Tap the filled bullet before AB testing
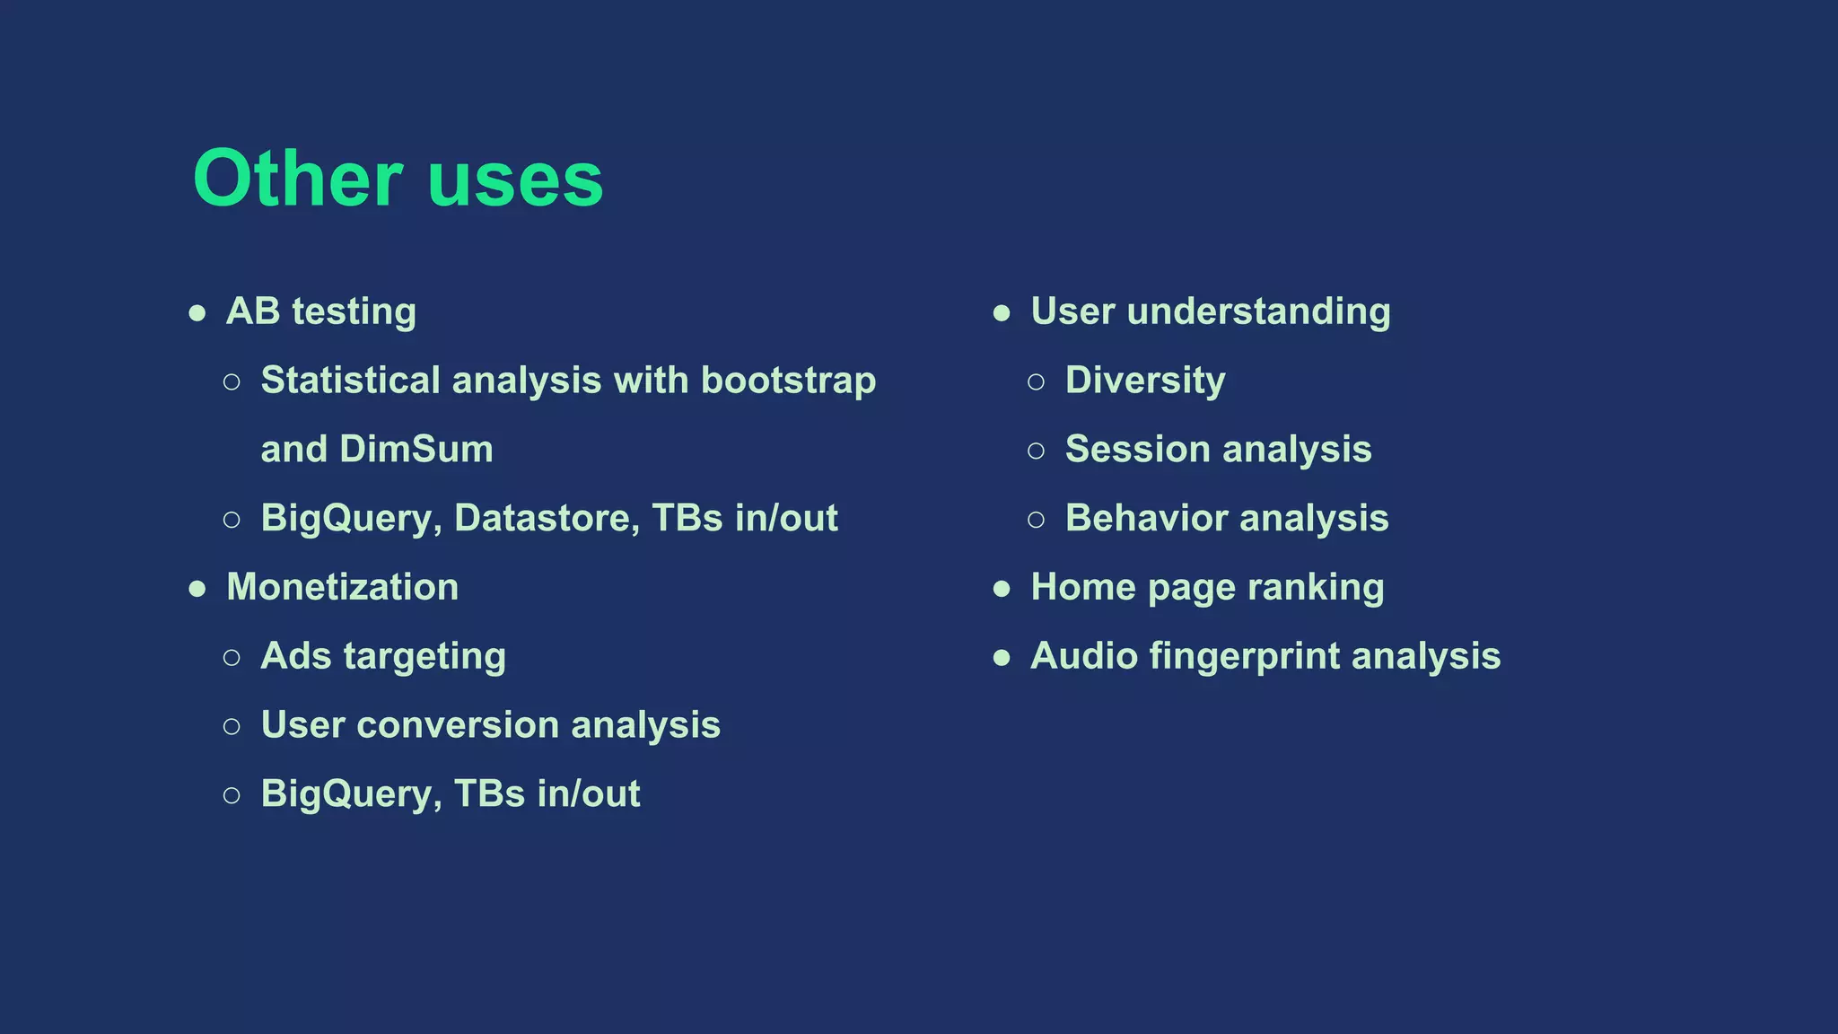[197, 313]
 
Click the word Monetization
[342, 587]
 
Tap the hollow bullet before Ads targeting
[232, 657]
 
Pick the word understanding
[1258, 311]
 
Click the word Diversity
[1144, 381]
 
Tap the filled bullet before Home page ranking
[1002, 589]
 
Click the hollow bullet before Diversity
[1036, 381]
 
